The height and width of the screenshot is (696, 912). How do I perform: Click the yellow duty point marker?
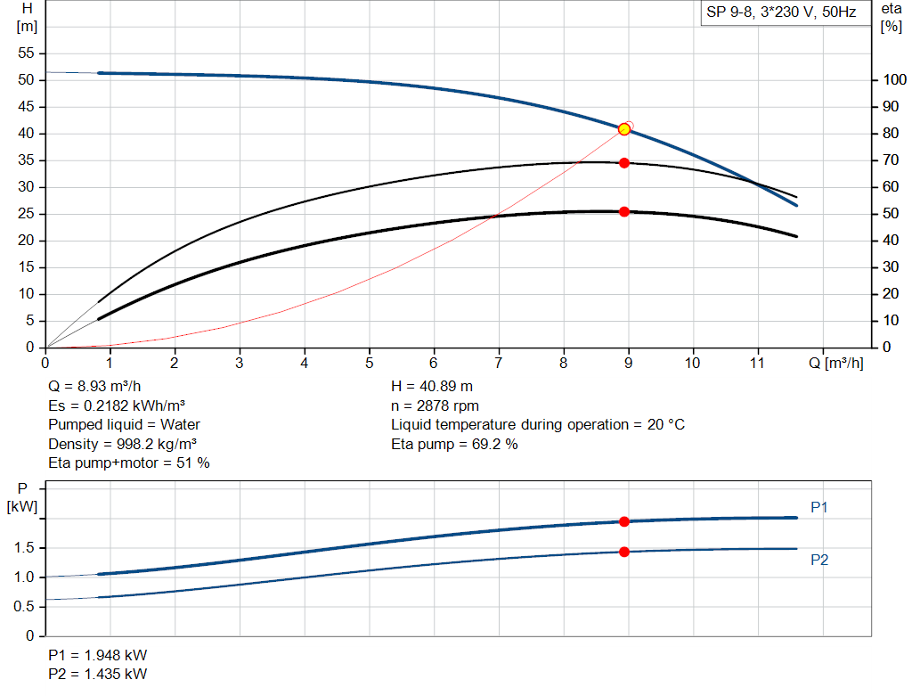[624, 129]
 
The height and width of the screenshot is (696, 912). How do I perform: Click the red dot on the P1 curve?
[624, 521]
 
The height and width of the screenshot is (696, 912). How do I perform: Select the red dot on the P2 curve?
[624, 552]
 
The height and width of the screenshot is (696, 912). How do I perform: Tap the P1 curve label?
[819, 507]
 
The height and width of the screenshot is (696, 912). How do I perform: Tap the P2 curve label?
[819, 560]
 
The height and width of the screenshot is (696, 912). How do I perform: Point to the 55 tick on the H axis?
[26, 53]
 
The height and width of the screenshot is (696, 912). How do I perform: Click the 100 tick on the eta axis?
[892, 80]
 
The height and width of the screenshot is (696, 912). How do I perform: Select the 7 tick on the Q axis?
[499, 363]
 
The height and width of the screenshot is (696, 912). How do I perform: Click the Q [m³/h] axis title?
[835, 363]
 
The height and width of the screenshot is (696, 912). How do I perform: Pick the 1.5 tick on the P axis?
[26, 548]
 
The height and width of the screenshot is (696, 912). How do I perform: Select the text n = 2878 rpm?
[435, 405]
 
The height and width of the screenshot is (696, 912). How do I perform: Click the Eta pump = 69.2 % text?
[454, 444]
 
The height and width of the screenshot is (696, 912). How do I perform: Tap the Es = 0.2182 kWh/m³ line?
[122, 405]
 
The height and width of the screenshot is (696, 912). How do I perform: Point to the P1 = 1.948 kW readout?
[98, 653]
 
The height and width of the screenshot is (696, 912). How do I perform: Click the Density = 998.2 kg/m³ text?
[122, 444]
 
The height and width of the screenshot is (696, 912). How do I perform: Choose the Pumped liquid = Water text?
[124, 424]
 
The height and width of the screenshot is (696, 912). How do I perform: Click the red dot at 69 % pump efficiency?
[624, 163]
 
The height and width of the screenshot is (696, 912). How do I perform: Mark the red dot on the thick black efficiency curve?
[624, 211]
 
